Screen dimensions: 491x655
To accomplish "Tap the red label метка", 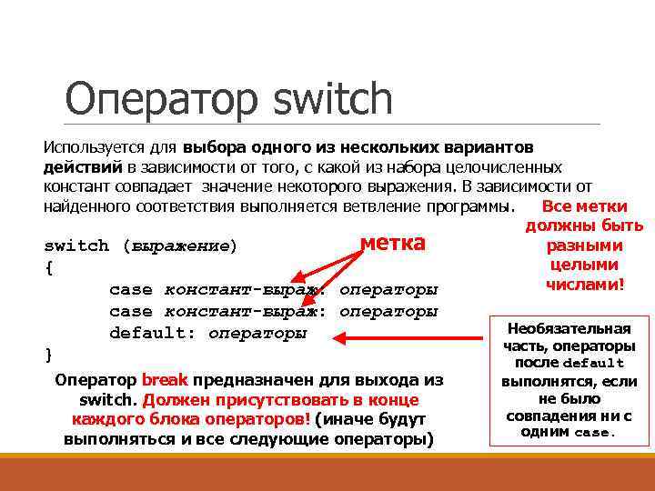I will (x=392, y=243).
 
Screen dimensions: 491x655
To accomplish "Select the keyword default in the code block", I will (x=150, y=333).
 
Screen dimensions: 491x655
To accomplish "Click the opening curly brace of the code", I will (x=48, y=268).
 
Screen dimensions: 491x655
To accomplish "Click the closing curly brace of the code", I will (x=48, y=353).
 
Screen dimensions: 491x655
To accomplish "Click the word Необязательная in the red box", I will (x=569, y=328).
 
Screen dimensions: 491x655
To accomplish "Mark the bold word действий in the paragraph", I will (x=82, y=167).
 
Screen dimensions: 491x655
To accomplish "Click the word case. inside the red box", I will (x=595, y=433).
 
